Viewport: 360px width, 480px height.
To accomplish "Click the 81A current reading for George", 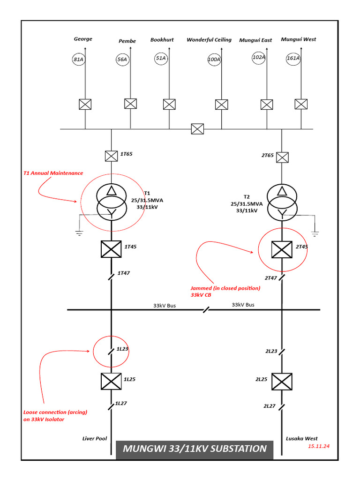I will tap(78, 59).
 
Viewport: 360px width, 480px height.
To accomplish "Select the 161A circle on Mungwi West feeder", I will tap(293, 59).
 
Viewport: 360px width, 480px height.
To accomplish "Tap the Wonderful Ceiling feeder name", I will tap(209, 40).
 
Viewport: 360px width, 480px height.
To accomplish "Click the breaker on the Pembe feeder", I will tap(130, 104).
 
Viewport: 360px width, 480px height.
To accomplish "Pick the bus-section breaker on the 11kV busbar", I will tap(197, 129).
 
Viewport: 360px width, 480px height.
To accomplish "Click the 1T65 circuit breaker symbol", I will tap(111, 154).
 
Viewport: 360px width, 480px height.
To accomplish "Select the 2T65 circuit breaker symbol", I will tap(282, 157).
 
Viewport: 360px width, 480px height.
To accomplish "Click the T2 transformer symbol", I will tap(282, 202).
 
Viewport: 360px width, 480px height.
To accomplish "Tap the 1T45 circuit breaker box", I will tap(112, 248).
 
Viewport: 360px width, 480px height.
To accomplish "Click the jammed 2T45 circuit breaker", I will tap(282, 248).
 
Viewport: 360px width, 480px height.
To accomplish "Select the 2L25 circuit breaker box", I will tap(282, 381).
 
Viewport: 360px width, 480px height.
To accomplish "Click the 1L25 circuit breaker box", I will tap(111, 381).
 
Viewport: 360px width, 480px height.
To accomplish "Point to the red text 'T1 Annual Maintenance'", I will tap(53, 173).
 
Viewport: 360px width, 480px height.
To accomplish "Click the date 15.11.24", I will tap(319, 446).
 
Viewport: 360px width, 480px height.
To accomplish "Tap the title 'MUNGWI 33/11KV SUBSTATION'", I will tap(195, 449).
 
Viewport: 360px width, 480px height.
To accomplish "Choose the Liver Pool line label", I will tap(95, 439).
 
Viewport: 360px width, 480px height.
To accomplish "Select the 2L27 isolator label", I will tap(270, 406).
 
